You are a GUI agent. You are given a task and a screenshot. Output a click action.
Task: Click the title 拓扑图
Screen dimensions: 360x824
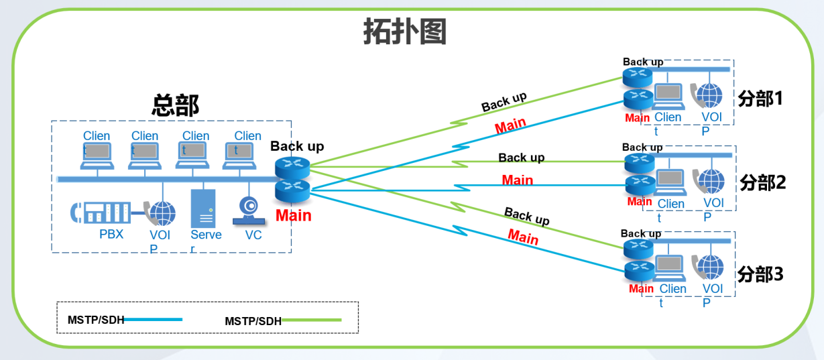coord(405,32)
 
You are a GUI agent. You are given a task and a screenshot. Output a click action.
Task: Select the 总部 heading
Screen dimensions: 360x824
coord(176,105)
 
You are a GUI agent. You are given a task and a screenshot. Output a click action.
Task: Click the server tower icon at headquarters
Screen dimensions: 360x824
coord(203,208)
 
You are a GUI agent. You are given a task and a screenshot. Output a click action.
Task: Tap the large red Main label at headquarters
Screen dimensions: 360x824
coord(294,215)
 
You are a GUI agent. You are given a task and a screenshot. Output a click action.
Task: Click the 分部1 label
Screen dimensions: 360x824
coord(760,99)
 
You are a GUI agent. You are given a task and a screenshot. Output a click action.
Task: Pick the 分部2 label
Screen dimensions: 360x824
coord(762,182)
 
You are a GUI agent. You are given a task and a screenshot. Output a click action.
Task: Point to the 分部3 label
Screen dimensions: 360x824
coord(760,274)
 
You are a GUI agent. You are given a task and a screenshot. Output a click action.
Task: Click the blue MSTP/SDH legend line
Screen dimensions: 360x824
coord(154,320)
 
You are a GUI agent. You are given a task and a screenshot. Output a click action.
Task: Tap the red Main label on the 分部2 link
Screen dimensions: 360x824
coord(518,180)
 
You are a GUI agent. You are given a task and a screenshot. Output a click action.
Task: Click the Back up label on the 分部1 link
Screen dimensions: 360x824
coord(504,102)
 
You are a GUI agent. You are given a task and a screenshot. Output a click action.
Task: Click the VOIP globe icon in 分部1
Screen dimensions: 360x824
coord(710,95)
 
